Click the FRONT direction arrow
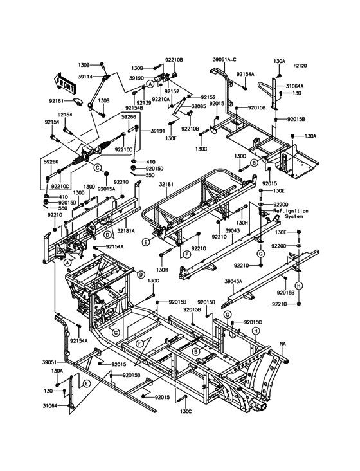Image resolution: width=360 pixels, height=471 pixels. (x=64, y=82)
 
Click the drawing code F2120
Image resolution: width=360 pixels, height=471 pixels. (x=300, y=66)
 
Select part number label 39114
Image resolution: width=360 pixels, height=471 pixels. (x=85, y=77)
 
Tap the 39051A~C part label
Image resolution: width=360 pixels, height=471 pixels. (x=225, y=59)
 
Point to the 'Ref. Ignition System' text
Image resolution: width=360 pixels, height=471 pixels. (x=291, y=214)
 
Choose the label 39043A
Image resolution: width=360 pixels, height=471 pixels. (x=233, y=281)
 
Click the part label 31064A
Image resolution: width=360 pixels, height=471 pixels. (x=294, y=86)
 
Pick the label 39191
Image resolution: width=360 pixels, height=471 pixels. (x=157, y=131)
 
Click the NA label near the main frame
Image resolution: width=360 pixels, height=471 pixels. (x=283, y=344)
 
